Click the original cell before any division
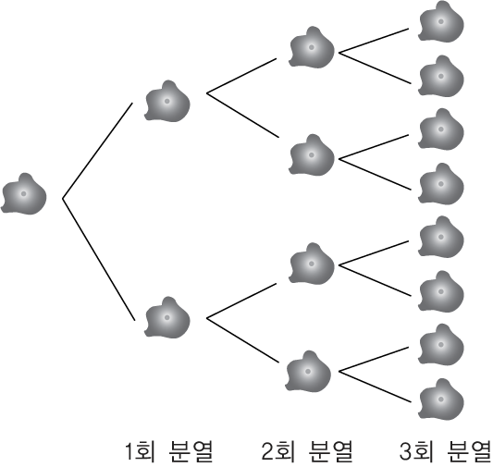click(24, 194)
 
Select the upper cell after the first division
click(167, 102)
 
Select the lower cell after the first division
click(167, 318)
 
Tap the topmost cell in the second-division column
click(312, 47)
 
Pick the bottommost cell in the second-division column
click(308, 372)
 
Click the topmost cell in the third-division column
click(441, 21)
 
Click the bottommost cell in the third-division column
click(441, 399)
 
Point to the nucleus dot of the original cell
click(23, 193)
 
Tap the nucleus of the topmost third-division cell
click(441, 21)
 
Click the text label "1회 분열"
click(169, 451)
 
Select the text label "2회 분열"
click(307, 451)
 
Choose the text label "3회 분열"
click(445, 451)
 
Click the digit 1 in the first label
click(129, 451)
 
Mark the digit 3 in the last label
click(405, 451)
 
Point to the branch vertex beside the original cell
click(63, 199)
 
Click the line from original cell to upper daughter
click(98, 151)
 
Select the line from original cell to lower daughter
click(99, 260)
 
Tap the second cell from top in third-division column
click(441, 77)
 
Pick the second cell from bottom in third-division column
click(441, 345)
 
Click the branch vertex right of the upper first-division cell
click(207, 93)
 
